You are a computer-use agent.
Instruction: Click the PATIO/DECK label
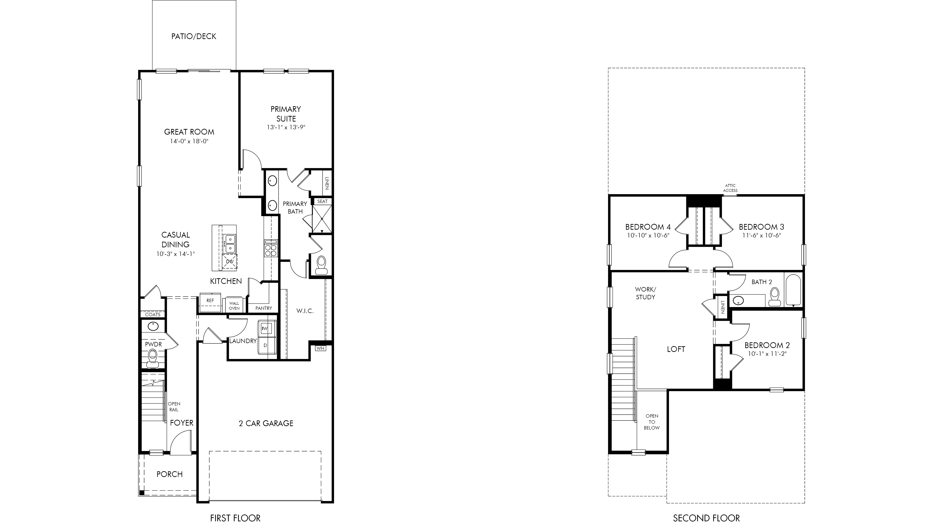(x=194, y=36)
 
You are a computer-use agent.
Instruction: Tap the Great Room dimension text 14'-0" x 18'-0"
(x=189, y=141)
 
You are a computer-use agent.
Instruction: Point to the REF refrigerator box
(x=210, y=302)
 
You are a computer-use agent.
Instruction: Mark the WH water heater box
(x=321, y=348)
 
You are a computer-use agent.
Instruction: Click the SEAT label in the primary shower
(x=322, y=201)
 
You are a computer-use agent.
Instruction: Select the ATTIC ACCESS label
(x=730, y=188)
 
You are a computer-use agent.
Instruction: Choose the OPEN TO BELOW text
(x=652, y=422)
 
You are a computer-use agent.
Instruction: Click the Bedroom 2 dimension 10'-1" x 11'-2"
(x=767, y=354)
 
